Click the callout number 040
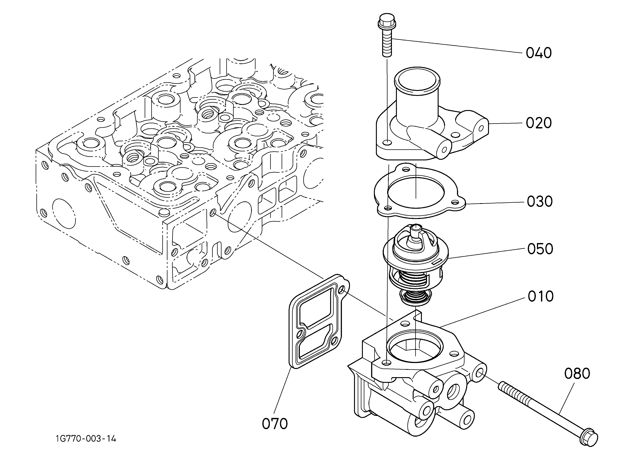539,53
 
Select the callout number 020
539,123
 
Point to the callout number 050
540,249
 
